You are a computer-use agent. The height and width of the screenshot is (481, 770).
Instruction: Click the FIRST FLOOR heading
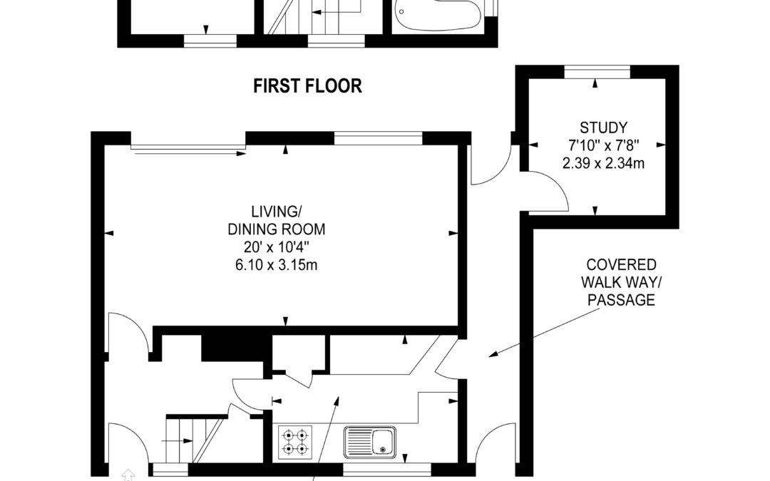(307, 86)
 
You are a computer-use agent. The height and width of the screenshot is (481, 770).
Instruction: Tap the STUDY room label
(603, 128)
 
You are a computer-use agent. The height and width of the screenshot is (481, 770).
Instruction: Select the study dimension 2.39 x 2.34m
(603, 163)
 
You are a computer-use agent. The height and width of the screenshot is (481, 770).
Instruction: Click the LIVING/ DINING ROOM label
(276, 220)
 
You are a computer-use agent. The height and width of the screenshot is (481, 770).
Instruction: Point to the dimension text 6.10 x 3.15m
(276, 265)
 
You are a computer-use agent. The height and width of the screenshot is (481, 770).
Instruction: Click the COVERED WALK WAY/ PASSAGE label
(621, 282)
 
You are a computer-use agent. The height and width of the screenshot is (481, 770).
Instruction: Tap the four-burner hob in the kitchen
(295, 442)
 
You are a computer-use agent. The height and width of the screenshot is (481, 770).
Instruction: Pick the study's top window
(597, 72)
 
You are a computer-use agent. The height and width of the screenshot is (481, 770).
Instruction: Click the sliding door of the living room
(188, 149)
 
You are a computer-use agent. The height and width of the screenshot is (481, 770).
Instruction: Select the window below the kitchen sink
(387, 470)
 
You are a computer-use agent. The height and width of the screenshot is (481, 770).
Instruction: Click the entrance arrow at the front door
(128, 475)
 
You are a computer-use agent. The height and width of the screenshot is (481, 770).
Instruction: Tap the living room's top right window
(378, 138)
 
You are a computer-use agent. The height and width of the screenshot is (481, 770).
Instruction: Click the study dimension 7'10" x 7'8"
(603, 145)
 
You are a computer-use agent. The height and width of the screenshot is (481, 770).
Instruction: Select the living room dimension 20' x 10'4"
(276, 247)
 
